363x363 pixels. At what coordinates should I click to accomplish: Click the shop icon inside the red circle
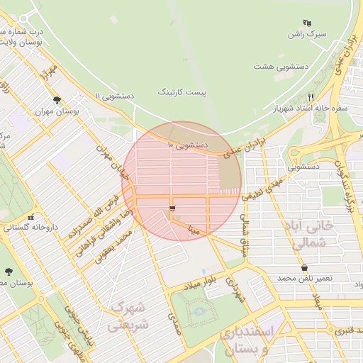click(x=171, y=208)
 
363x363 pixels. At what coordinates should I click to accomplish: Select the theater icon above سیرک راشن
click(x=307, y=23)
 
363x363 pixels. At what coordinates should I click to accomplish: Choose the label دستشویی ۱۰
click(x=187, y=145)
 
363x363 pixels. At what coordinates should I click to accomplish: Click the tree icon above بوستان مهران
click(x=57, y=100)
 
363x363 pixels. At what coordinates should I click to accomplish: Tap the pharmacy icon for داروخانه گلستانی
click(x=30, y=217)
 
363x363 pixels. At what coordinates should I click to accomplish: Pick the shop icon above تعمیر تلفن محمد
click(x=305, y=268)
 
